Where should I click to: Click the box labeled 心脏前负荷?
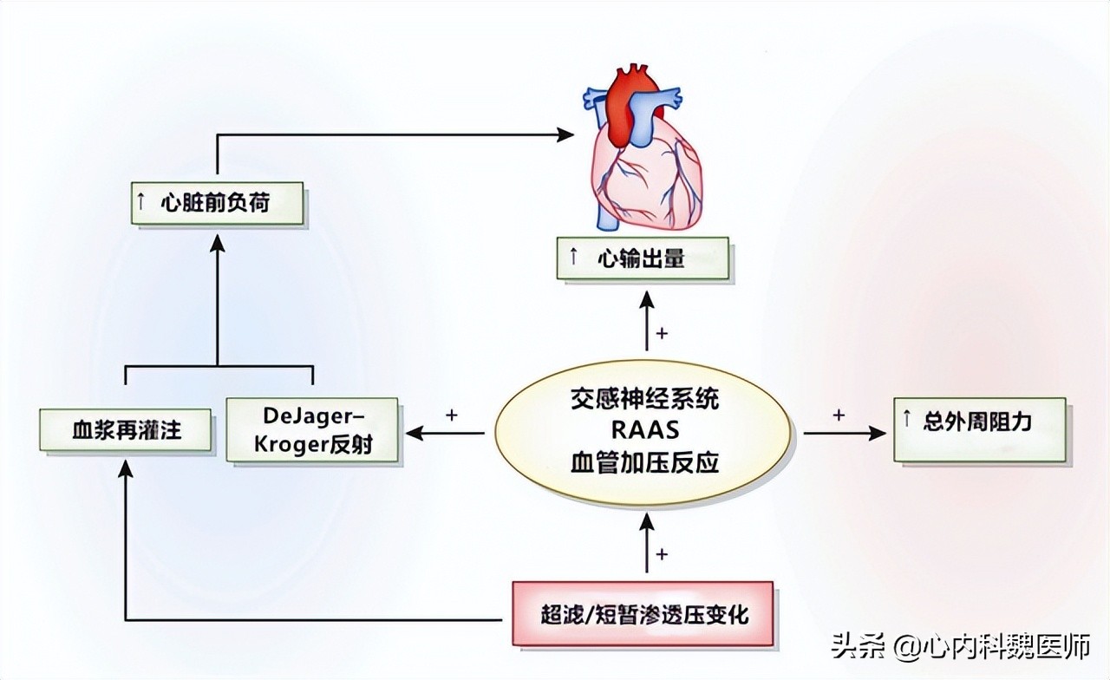click(x=217, y=203)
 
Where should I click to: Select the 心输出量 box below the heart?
click(x=643, y=259)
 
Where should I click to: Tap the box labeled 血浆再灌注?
click(x=126, y=430)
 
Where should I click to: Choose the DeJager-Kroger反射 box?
click(x=311, y=429)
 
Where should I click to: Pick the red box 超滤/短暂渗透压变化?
click(x=643, y=614)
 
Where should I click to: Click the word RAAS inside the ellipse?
click(x=643, y=431)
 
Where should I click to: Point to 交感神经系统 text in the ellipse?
click(x=643, y=400)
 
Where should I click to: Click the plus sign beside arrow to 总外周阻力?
click(x=838, y=415)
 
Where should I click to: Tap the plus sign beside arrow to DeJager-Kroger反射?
click(x=451, y=415)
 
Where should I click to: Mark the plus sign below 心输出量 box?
click(x=663, y=333)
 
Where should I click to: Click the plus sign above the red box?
click(x=663, y=553)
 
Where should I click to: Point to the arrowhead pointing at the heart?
click(x=565, y=134)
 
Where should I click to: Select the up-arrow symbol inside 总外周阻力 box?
click(x=907, y=422)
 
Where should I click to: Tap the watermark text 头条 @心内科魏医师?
click(x=961, y=646)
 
